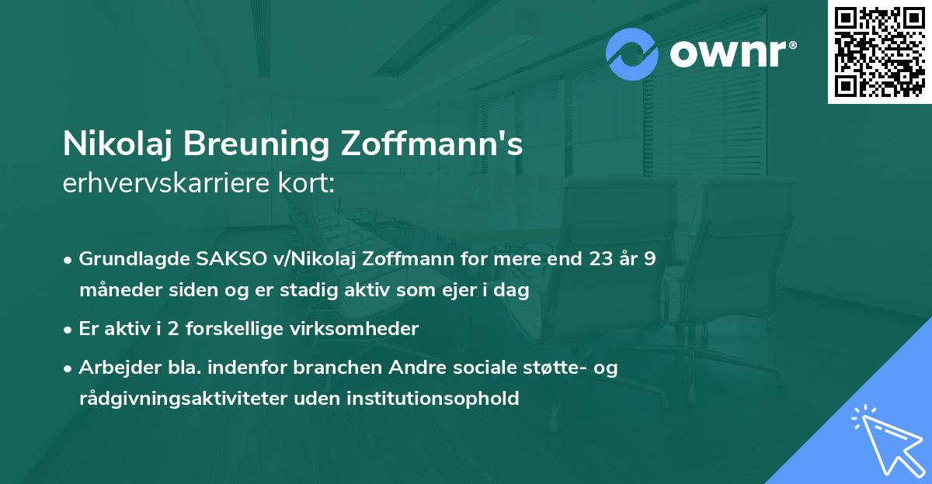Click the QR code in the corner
(x=879, y=52)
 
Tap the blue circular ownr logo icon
(x=631, y=54)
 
